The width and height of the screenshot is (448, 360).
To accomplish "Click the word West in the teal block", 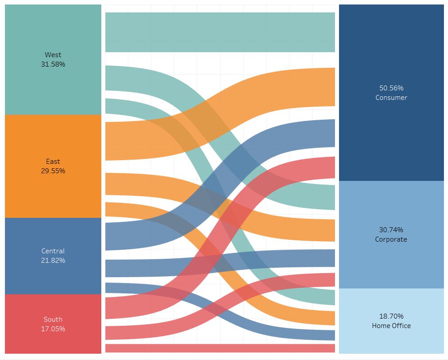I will click(x=53, y=55).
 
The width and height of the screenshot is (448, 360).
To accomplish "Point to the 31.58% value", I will click(x=53, y=64).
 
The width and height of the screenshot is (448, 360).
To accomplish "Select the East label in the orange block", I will click(x=53, y=161).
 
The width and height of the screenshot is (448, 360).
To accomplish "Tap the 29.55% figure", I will click(x=53, y=171).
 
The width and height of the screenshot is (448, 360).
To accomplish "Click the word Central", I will click(x=53, y=251).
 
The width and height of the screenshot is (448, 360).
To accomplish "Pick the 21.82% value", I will click(x=53, y=261).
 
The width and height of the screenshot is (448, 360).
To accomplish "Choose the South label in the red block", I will click(x=53, y=319).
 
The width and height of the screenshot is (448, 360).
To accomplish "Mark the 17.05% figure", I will click(x=53, y=329).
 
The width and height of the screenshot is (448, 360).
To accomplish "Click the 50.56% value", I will click(x=391, y=88).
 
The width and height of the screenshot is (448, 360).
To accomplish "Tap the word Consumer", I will click(x=391, y=98).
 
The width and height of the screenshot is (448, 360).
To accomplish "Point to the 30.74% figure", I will click(x=391, y=229).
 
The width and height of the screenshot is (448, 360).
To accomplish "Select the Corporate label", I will click(x=391, y=239).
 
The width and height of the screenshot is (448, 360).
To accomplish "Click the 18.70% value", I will click(x=391, y=316).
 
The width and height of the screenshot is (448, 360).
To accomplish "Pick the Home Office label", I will click(x=391, y=326).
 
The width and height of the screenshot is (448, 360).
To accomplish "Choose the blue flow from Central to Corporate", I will click(x=135, y=268).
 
